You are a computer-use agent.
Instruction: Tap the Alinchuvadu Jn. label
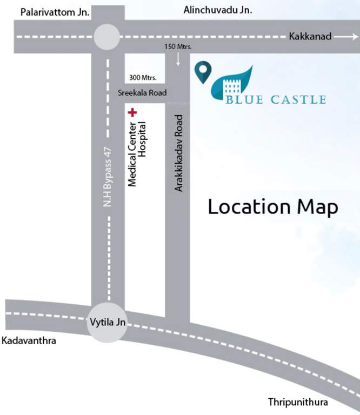[x=218, y=9]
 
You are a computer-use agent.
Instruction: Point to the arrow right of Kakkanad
[x=346, y=37]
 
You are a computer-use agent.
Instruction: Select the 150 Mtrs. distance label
[x=178, y=47]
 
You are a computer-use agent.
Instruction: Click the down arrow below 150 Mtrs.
[x=178, y=60]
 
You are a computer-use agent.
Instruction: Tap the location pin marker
[x=203, y=72]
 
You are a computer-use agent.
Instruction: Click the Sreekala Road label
[x=142, y=93]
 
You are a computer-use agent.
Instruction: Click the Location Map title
[x=274, y=207]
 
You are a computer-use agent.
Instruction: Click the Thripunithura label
[x=298, y=403]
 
